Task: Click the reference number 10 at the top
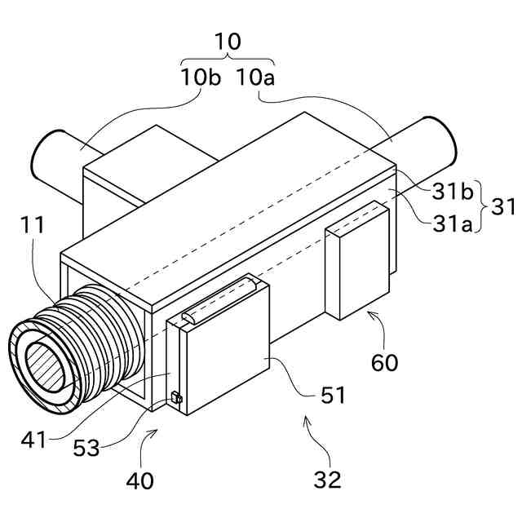point(228,42)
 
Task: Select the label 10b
point(201,78)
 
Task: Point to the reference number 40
point(139,481)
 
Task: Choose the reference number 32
point(328,479)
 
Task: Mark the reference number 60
point(384,361)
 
